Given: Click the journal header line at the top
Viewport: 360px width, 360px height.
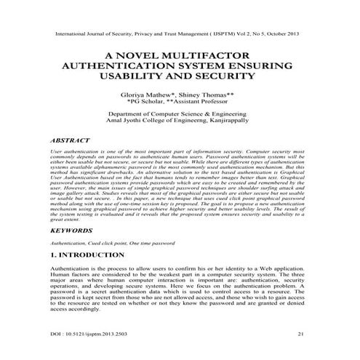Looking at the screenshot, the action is pyautogui.click(x=180, y=33).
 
